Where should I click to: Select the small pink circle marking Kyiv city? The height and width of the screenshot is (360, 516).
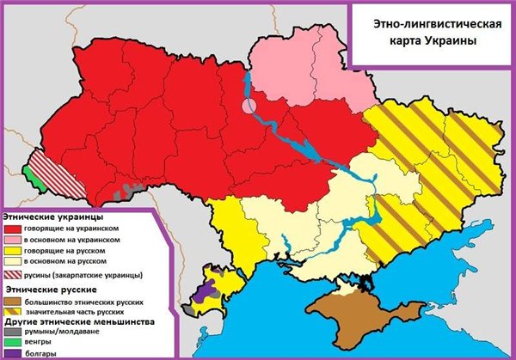249,107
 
